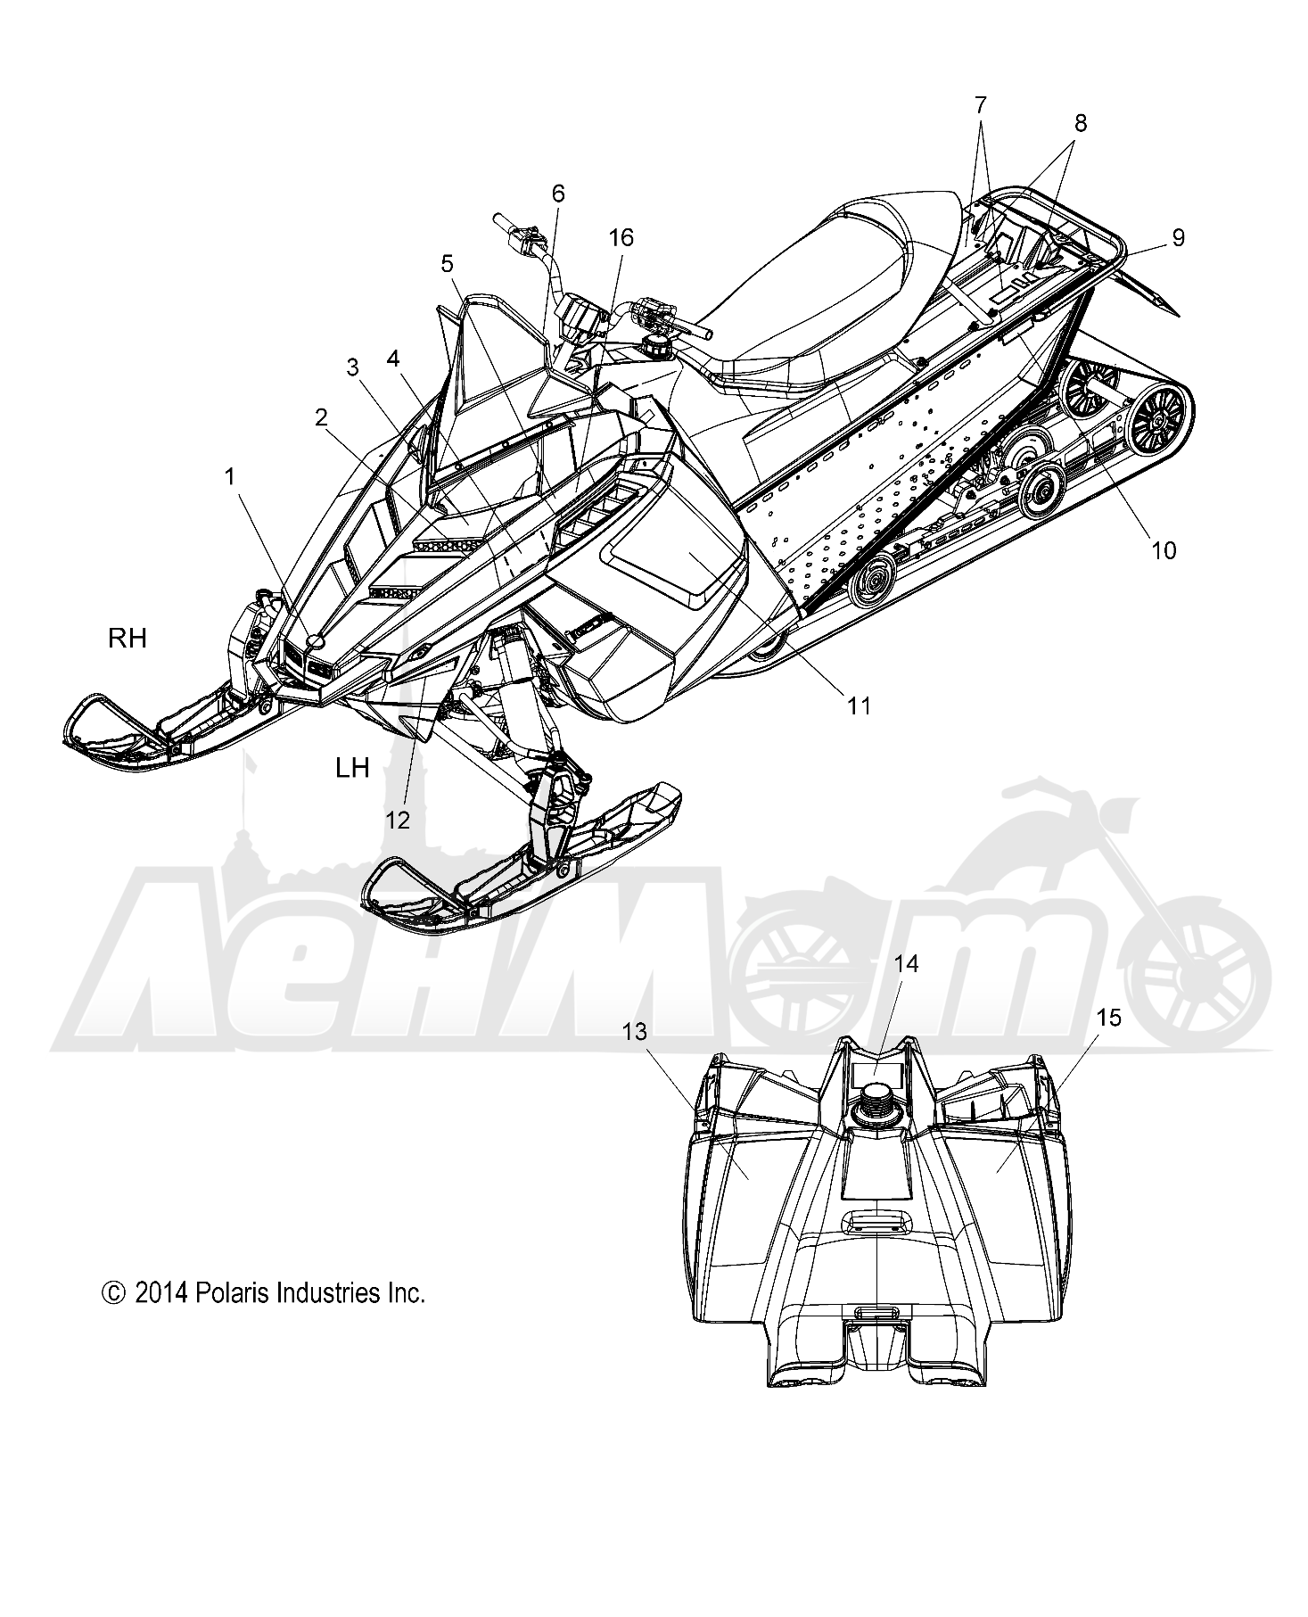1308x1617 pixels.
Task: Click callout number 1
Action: [230, 477]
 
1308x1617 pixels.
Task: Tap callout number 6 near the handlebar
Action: [558, 194]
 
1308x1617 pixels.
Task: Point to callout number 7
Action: [981, 105]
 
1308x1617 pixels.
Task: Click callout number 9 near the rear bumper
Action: [1178, 237]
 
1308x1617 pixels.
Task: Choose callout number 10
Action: [1164, 550]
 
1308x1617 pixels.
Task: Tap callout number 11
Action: [858, 705]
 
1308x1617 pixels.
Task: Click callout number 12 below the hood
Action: [398, 820]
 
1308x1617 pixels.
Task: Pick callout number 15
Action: [1109, 1018]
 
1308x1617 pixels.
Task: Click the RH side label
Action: [128, 639]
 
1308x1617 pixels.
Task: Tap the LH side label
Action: [353, 767]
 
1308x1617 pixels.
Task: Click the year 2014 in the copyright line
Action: [159, 1293]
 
